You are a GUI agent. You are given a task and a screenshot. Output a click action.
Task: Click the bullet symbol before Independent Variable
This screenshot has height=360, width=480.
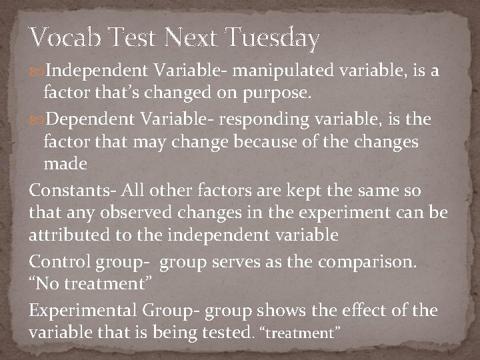[x=38, y=71]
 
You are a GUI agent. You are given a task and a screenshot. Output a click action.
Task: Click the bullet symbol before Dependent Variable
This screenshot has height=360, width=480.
[x=38, y=119]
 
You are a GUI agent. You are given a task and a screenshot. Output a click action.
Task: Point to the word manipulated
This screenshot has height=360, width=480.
[x=273, y=71]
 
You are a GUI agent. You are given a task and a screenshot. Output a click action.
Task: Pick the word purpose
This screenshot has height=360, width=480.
[x=279, y=95]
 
